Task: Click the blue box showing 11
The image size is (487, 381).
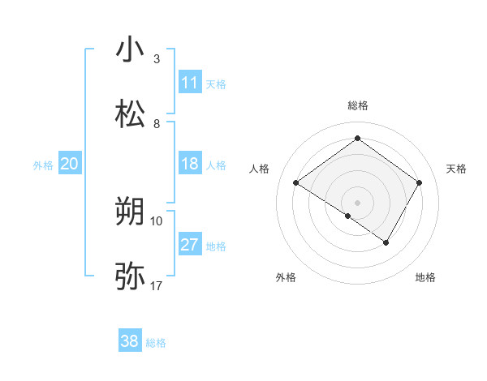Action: [190, 83]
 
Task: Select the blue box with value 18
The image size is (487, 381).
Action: [190, 164]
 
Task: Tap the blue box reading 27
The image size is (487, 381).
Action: [190, 245]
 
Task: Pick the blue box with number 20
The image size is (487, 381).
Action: [70, 164]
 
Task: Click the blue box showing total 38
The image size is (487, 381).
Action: [130, 341]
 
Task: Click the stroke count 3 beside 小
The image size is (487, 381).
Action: [157, 59]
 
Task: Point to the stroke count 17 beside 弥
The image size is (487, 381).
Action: [157, 286]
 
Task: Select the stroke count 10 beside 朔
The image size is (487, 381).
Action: [157, 220]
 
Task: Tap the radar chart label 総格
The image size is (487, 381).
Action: [357, 105]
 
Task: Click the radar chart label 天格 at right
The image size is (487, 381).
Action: [457, 169]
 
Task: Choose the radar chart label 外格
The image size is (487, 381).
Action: [286, 277]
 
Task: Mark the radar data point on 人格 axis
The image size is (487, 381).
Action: [296, 183]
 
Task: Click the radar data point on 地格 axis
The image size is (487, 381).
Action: [386, 242]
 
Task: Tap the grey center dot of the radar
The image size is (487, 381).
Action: [357, 202]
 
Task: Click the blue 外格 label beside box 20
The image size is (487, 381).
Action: [43, 165]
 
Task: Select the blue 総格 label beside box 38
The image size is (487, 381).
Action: [156, 343]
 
